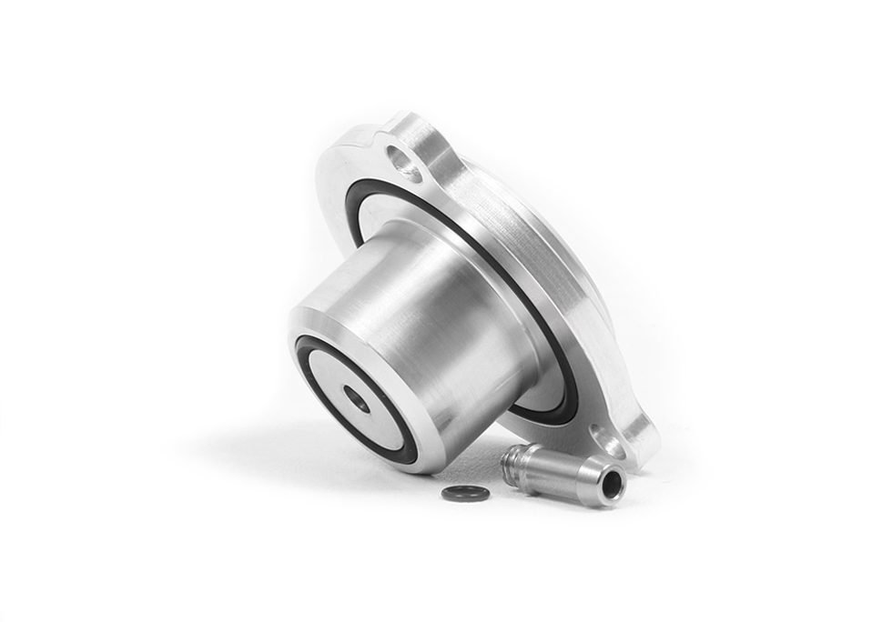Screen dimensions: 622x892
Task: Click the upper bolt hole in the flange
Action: (x=404, y=163)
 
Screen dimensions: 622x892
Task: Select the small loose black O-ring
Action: (x=465, y=493)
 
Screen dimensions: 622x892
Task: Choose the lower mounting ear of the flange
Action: (x=628, y=436)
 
